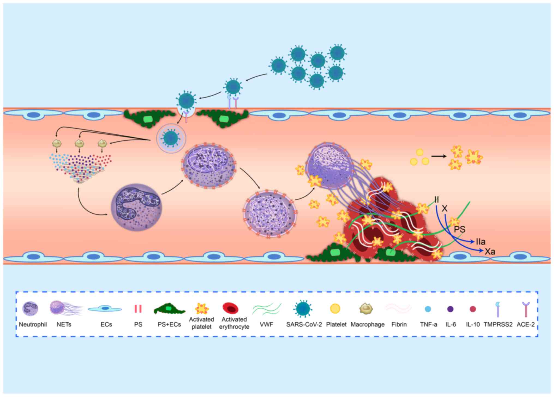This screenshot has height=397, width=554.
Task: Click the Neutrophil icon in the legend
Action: tap(30, 309)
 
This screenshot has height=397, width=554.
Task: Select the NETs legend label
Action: tap(64, 325)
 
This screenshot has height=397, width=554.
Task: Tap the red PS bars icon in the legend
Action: tap(138, 309)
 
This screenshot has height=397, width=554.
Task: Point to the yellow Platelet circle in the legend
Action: tap(335, 308)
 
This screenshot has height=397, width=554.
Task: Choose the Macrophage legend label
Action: tap(367, 325)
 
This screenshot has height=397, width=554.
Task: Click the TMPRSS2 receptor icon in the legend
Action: tap(498, 309)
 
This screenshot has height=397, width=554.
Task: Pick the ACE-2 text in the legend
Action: tap(526, 325)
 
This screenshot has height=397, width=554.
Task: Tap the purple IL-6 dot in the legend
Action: tap(450, 309)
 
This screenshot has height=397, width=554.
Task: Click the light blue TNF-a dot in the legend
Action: tap(428, 309)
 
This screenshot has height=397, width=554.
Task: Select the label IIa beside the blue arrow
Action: tap(481, 242)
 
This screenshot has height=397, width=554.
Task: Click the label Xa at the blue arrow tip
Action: tap(490, 251)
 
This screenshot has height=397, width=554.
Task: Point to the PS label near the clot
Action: tap(459, 229)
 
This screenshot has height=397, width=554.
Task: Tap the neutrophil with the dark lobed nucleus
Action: tap(136, 207)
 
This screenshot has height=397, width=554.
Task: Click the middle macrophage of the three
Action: tap(79, 143)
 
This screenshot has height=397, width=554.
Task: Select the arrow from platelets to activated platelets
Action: tap(439, 156)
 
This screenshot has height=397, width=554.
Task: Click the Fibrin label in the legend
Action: tap(399, 325)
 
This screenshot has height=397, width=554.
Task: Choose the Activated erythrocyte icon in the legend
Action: tap(230, 308)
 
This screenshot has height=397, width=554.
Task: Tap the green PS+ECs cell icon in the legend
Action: tap(169, 309)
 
